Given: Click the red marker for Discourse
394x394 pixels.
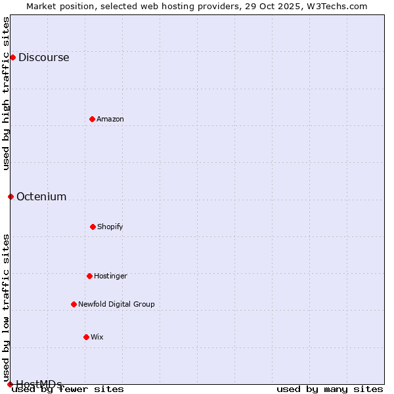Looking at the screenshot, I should click(12, 57).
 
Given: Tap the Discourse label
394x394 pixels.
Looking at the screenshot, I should click(43, 57).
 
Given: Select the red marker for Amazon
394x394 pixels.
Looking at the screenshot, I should click(92, 119).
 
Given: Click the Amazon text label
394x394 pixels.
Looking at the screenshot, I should click(110, 119).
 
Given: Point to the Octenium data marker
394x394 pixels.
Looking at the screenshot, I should click(11, 196).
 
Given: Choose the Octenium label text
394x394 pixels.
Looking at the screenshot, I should click(41, 196).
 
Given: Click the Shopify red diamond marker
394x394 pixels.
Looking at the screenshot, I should click(93, 227).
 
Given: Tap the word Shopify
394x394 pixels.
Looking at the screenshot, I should click(110, 227).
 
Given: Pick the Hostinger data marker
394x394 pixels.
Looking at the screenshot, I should click(89, 276).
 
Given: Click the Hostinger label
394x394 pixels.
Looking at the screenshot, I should click(110, 276).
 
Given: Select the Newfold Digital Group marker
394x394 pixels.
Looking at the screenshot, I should click(74, 304).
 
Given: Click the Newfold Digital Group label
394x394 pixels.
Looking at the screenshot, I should click(116, 304).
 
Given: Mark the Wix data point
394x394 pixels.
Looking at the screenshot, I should click(86, 337).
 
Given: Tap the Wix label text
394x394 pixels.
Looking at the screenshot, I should click(97, 337).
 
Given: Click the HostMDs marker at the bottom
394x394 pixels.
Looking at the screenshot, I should click(10, 384).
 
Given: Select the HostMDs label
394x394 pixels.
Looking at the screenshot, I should click(39, 384).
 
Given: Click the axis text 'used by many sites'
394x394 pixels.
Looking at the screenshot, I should click(330, 389).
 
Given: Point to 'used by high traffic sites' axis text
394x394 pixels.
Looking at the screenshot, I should click(6, 93).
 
